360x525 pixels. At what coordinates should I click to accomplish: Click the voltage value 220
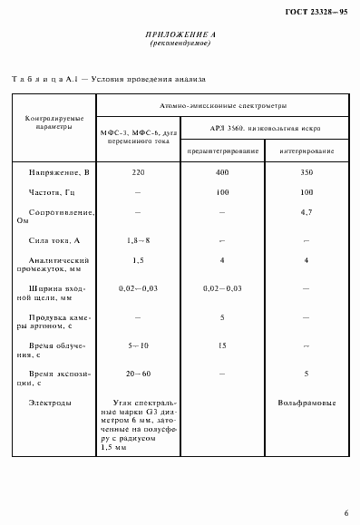138,170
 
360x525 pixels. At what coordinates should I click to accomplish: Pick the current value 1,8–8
138,241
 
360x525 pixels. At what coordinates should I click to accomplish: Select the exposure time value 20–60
138,374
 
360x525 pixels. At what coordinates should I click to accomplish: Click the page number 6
345,513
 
